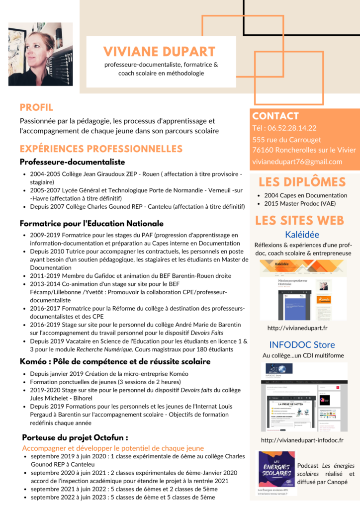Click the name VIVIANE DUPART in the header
tap(160, 51)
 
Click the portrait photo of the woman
tap(40, 54)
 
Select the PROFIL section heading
tap(36, 107)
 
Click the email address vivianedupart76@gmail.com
tap(297, 162)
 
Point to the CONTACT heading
tap(275, 116)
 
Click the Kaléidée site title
tap(302, 235)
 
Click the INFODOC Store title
tap(302, 344)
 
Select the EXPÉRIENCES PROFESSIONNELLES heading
tap(101, 149)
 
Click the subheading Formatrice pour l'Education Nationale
tap(91, 224)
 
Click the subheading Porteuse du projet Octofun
tap(75, 438)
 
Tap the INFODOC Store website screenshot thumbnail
tap(303, 397)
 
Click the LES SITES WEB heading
tap(299, 220)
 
